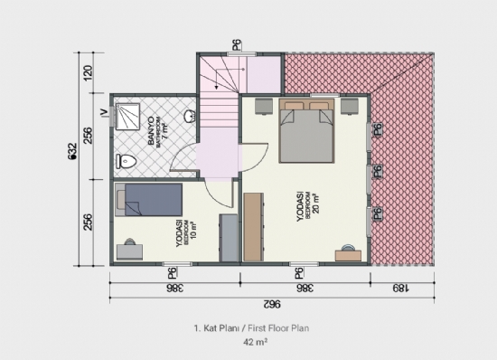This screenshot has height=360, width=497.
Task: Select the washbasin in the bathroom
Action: [x=189, y=117]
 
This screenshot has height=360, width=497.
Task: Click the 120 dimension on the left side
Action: [x=88, y=73]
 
